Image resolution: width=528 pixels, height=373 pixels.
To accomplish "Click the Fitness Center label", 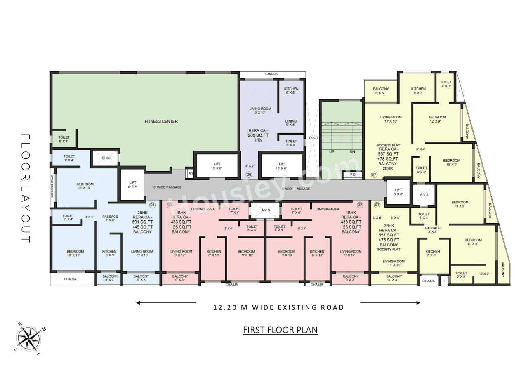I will point(161,121).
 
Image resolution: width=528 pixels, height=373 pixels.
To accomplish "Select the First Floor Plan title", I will point(280,330).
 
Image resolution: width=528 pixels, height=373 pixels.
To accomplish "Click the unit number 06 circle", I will point(249,175).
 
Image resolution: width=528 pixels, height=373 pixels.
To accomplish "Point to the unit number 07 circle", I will point(374,175).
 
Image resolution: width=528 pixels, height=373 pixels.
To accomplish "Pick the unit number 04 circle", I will point(153,205).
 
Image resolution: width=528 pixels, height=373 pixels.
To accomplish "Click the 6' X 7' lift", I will point(132,184).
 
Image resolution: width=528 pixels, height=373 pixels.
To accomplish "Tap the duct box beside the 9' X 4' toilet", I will point(106,158).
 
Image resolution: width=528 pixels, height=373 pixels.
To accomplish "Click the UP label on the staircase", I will point(332,152).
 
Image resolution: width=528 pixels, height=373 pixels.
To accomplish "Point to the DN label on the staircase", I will point(352,152).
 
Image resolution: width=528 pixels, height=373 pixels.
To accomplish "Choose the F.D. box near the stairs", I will point(353,175).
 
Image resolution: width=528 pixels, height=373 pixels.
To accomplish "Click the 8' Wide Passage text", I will point(167,187).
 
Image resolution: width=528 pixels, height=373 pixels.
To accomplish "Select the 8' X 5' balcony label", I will point(381,91).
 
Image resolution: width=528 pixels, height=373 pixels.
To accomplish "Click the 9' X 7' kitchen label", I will point(418,91).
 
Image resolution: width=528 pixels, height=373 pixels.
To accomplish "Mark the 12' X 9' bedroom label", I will point(437,120).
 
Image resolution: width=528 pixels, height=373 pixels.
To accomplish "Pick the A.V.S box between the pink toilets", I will point(265,210).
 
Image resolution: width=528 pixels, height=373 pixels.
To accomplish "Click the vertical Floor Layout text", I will point(26,188).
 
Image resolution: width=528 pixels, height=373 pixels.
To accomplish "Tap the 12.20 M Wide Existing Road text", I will point(278,307).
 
